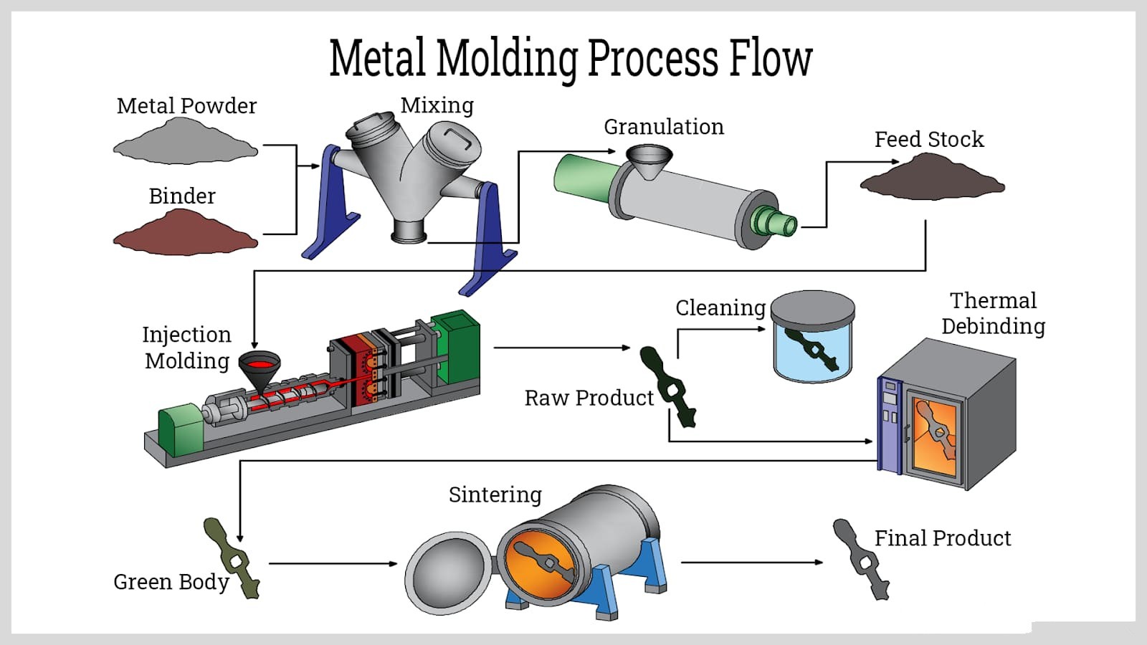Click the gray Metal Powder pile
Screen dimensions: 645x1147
pyautogui.click(x=185, y=143)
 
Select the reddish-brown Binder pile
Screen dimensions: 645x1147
pyautogui.click(x=185, y=234)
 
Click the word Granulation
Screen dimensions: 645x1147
pyautogui.click(x=663, y=127)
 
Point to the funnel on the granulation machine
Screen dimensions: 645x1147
pyautogui.click(x=649, y=161)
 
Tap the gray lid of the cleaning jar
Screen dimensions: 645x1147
pyautogui.click(x=813, y=309)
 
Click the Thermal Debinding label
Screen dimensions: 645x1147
pyautogui.click(x=993, y=313)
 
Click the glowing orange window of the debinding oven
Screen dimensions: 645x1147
pyautogui.click(x=936, y=433)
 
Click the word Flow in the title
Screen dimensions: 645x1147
pyautogui.click(x=770, y=59)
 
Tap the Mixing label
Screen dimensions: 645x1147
pyautogui.click(x=437, y=105)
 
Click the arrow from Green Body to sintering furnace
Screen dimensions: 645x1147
pyautogui.click(x=333, y=563)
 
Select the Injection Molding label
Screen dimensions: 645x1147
pyautogui.click(x=186, y=348)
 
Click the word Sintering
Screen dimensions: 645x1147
pyautogui.click(x=495, y=494)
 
